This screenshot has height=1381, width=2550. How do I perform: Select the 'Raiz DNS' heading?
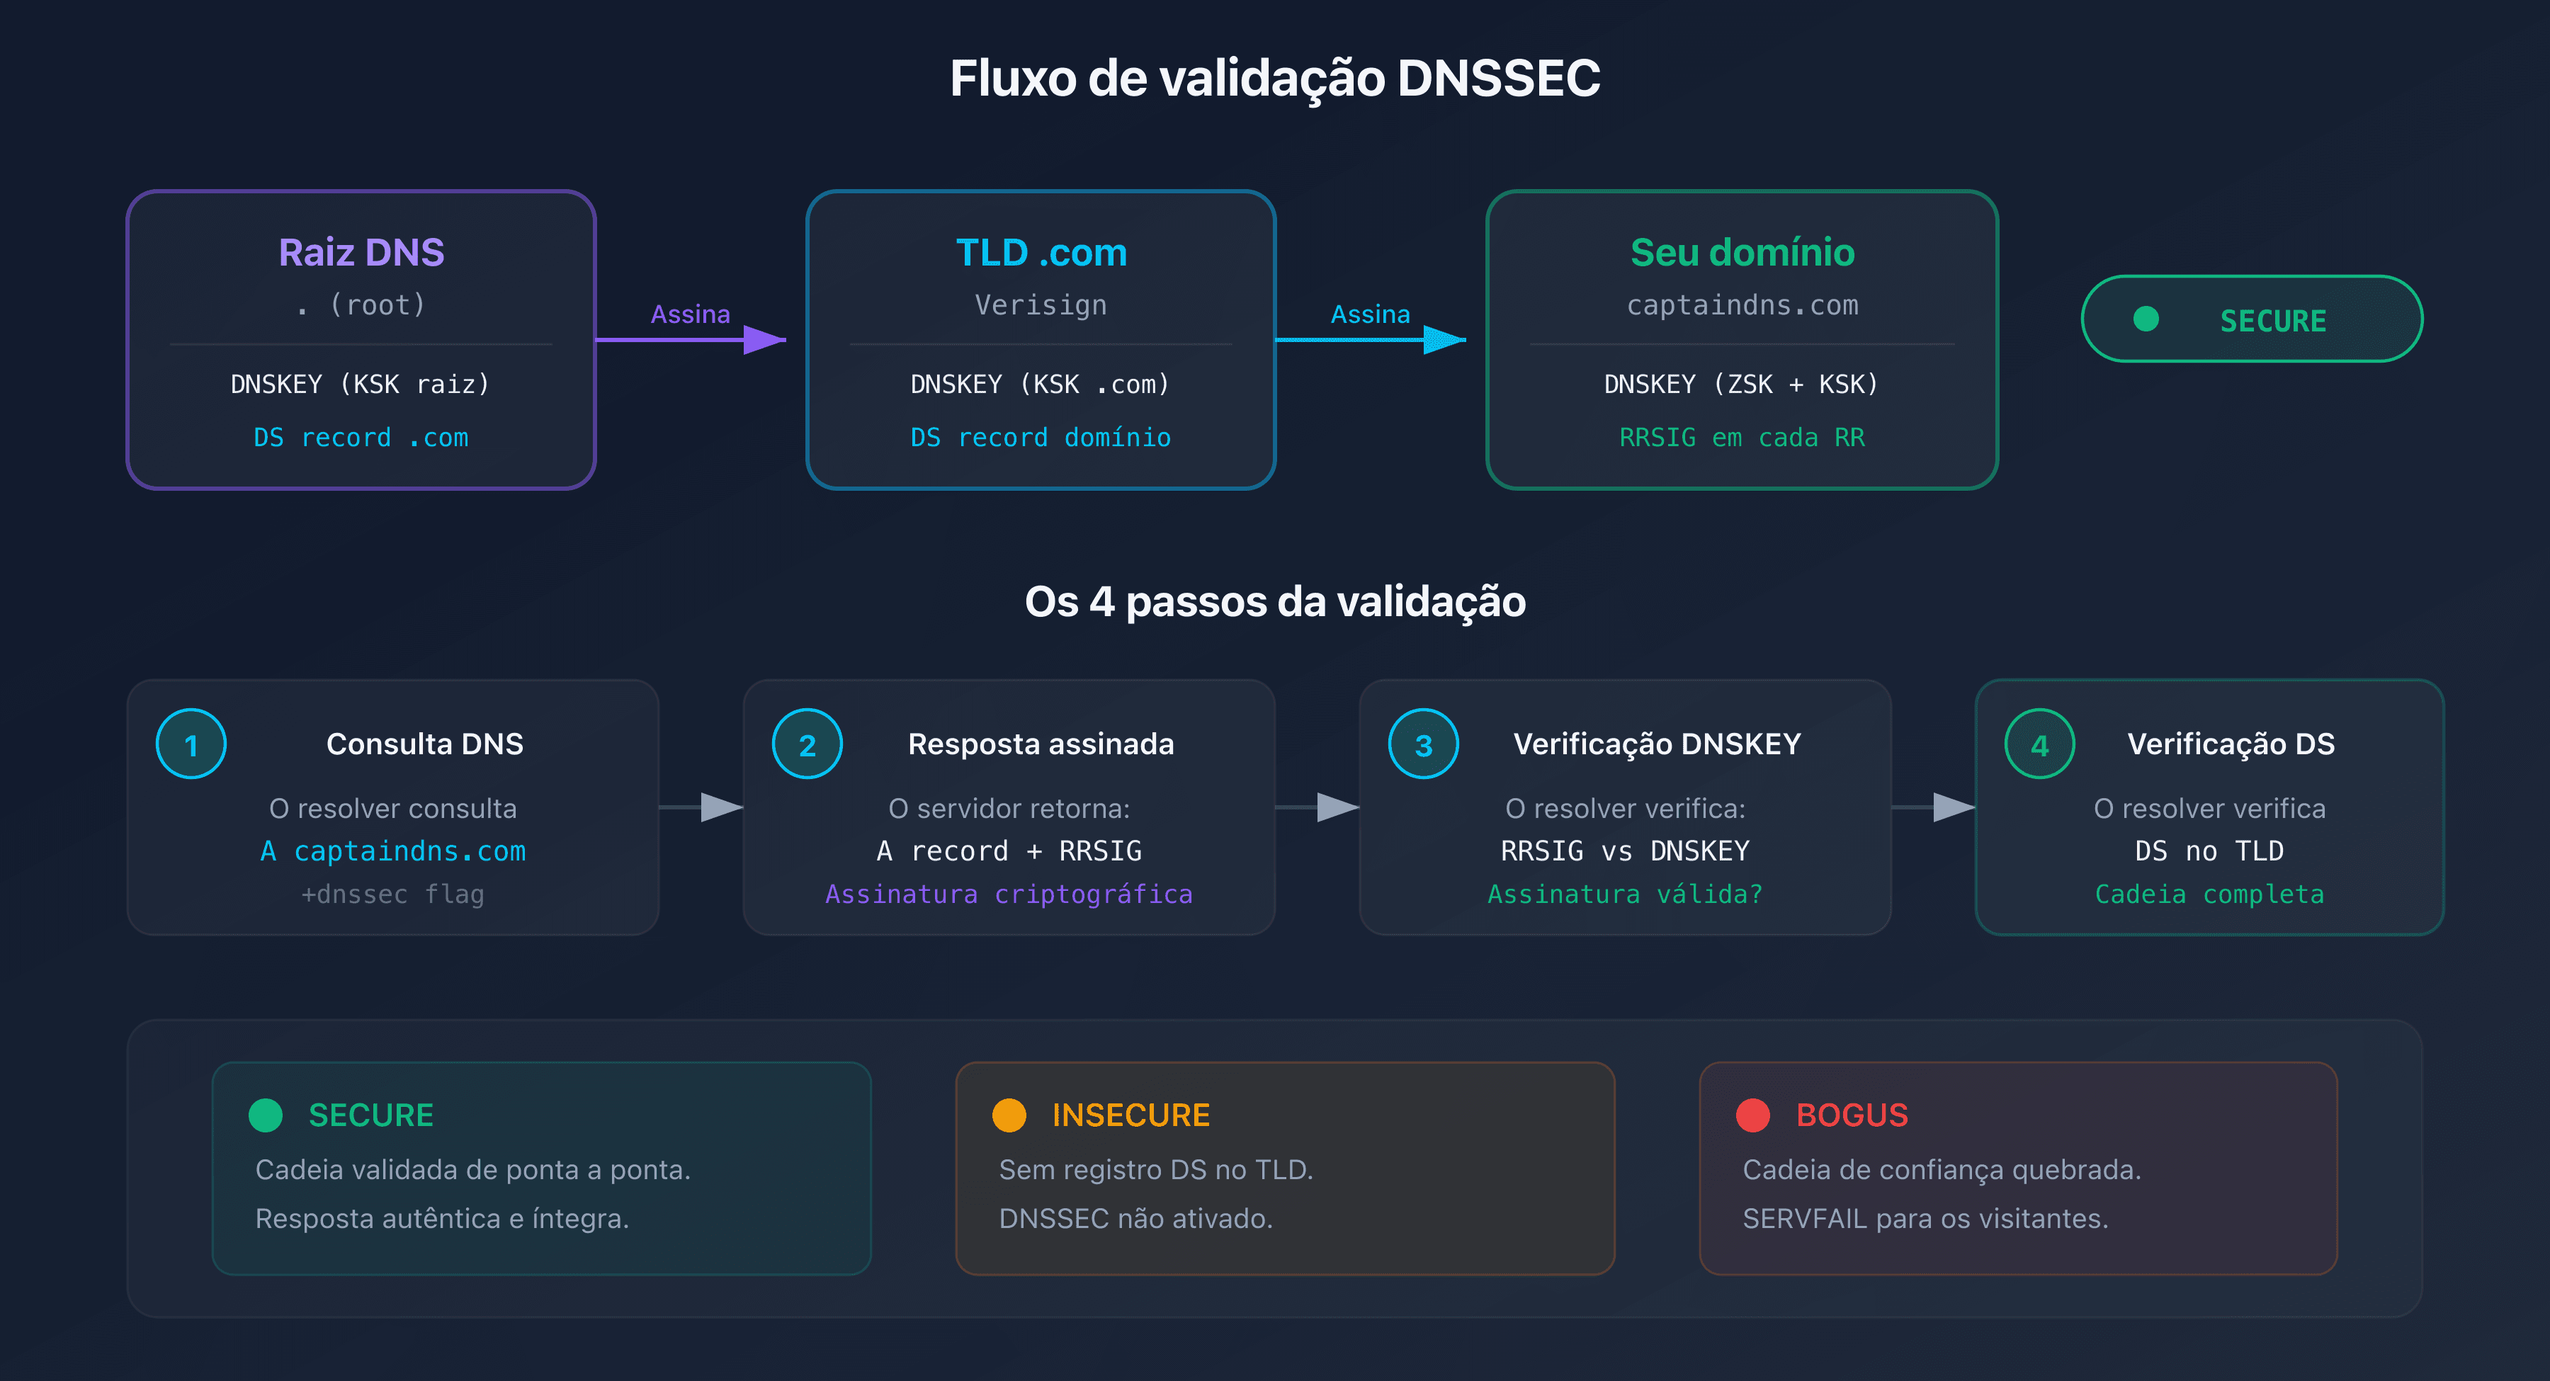(x=361, y=252)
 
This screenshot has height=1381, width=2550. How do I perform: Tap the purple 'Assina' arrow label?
(x=690, y=314)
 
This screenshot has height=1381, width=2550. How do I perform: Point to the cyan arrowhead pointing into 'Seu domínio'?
(x=1444, y=339)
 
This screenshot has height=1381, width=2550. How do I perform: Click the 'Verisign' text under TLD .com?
(x=1041, y=305)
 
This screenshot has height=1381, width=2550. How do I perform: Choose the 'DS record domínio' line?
(x=1041, y=438)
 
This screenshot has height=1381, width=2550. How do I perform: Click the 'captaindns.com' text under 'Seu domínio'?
(x=1742, y=305)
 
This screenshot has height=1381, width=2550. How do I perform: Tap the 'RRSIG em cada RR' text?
(x=1742, y=438)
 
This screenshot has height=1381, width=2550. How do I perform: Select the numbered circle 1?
(x=191, y=744)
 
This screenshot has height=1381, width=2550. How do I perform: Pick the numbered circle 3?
(x=1424, y=744)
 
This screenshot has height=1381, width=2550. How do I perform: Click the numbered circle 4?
(x=2039, y=744)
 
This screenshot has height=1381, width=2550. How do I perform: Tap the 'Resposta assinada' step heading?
(x=1041, y=744)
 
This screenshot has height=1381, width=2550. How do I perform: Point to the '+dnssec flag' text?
(x=393, y=894)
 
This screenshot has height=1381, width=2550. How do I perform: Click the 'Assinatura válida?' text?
(x=1624, y=894)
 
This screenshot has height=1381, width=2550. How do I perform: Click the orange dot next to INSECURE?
(x=1009, y=1115)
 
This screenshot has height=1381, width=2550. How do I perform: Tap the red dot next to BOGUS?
(x=1752, y=1115)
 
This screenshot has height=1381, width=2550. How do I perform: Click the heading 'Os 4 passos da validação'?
(x=1274, y=601)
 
